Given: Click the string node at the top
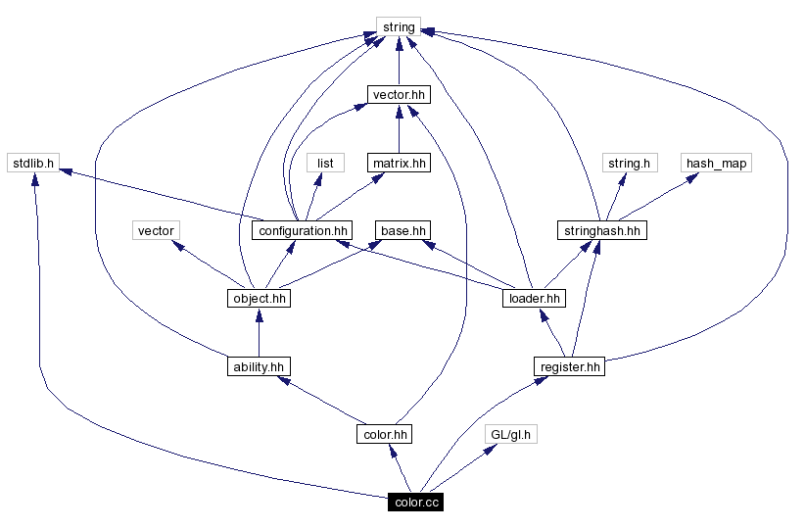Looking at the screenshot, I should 398,26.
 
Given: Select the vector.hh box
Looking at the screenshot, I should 398,95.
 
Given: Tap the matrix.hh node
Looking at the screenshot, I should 398,163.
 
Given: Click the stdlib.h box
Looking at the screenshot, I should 32,163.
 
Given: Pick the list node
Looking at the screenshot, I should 325,163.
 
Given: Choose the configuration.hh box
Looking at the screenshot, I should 301,230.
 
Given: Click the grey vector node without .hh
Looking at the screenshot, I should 156,230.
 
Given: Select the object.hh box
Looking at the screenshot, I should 258,298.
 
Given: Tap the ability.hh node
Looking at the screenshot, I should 258,366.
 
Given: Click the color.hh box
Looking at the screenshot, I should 384,434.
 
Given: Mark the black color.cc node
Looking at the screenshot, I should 416,503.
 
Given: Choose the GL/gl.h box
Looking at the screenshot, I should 511,434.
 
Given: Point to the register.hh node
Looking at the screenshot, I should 570,366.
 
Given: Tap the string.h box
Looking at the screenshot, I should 628,163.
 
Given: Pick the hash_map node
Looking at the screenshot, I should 716,163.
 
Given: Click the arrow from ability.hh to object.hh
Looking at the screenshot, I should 258,333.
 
